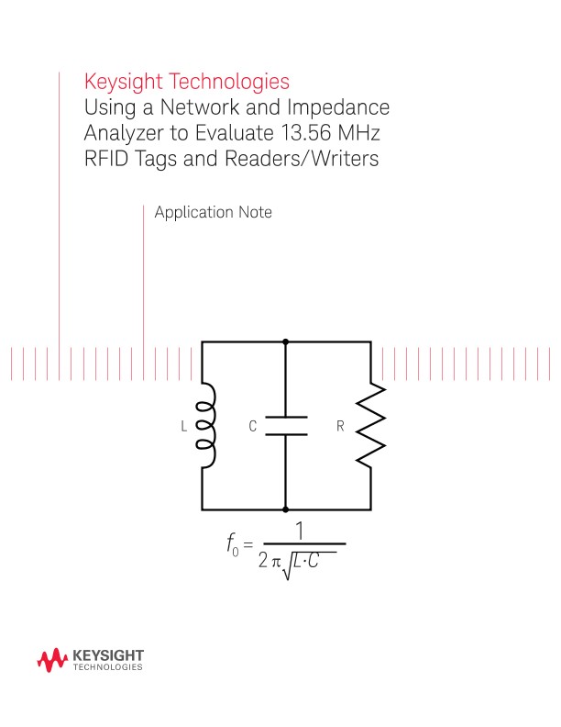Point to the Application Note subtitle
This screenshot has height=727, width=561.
213,212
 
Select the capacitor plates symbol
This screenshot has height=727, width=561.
286,426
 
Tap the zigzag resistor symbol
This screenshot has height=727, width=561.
371,425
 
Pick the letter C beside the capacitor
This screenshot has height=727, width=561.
253,427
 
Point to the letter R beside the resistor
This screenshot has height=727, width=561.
340,427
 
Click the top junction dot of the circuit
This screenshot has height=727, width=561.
286,341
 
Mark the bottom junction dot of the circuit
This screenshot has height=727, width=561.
286,509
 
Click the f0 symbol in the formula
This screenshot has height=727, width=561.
233,546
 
